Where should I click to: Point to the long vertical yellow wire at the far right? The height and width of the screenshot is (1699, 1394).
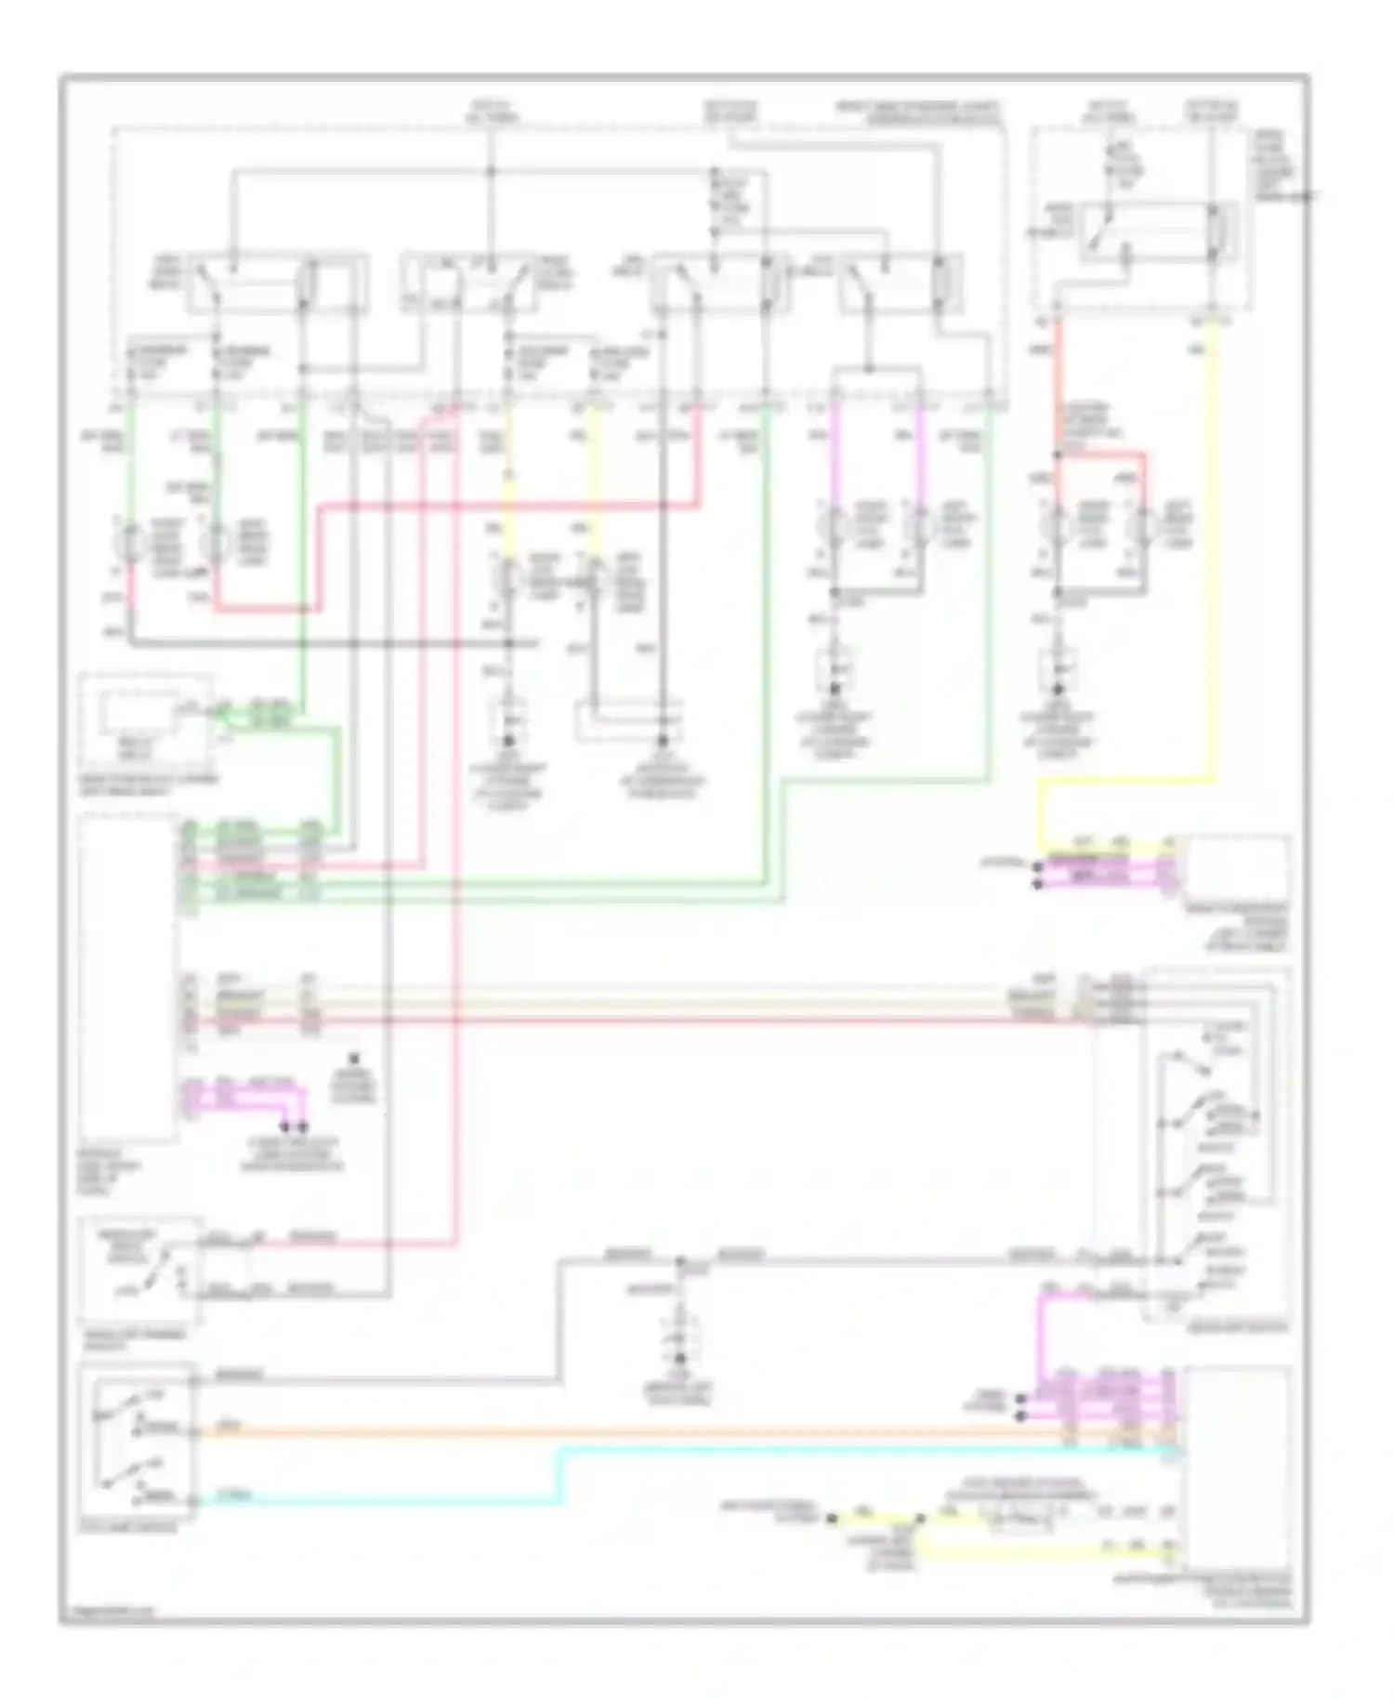coord(1212,558)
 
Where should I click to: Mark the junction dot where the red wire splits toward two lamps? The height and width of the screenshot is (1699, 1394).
coord(1057,455)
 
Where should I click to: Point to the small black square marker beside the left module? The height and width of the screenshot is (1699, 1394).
coord(353,1059)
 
